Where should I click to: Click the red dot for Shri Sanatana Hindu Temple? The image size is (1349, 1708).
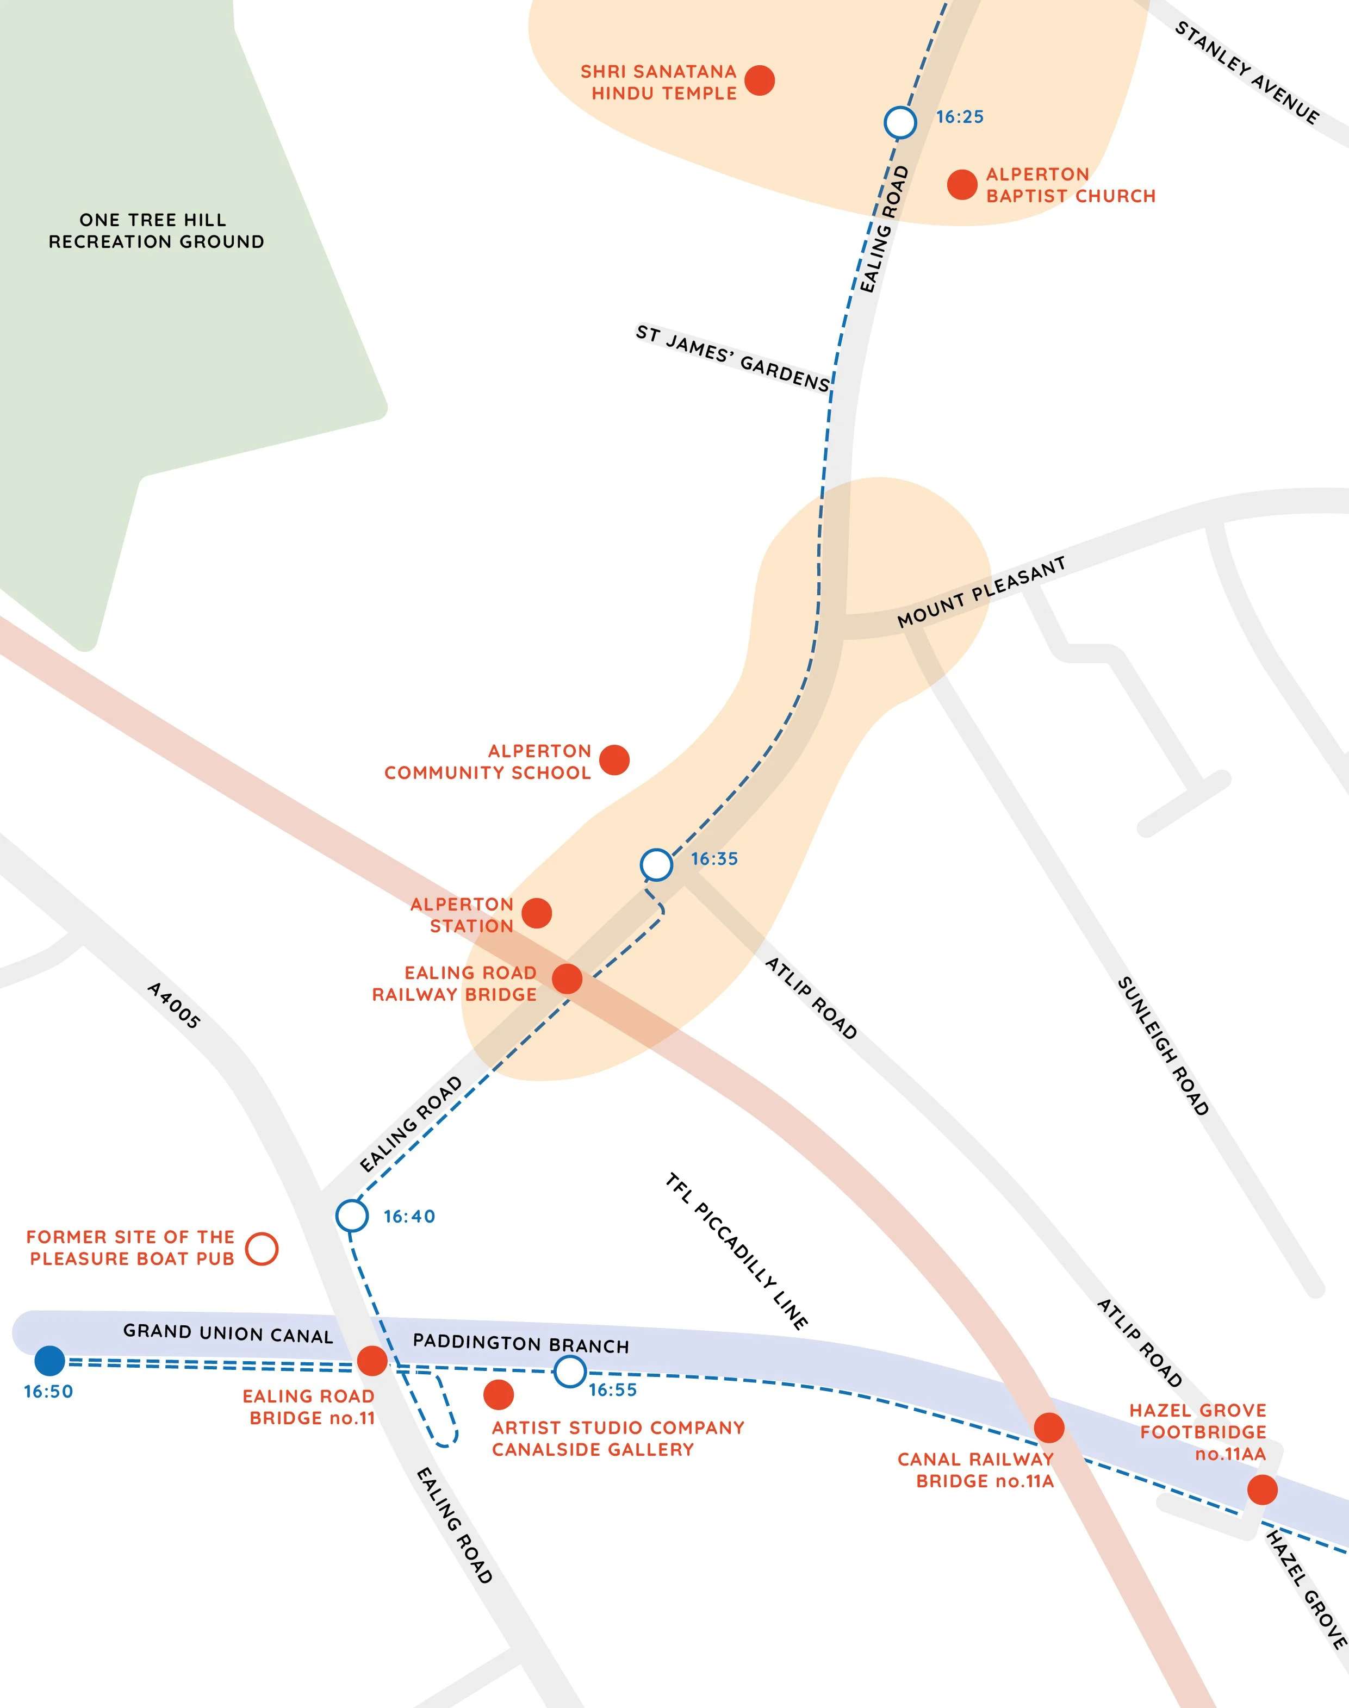pos(759,80)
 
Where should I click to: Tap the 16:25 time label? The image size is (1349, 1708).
pos(960,117)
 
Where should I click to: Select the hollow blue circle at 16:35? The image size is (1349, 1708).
pos(656,865)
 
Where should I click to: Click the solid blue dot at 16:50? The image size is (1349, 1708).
pos(50,1361)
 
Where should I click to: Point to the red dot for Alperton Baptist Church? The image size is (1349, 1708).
pos(961,185)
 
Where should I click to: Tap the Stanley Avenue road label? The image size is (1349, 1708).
pos(1246,73)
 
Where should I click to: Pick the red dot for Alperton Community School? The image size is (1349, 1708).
pos(614,759)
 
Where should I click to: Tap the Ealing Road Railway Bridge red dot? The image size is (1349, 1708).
pos(567,979)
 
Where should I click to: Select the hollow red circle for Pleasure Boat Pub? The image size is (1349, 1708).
pos(262,1249)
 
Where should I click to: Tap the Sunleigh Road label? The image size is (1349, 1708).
pos(1162,1045)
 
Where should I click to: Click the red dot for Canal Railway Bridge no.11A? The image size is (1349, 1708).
pos(1049,1427)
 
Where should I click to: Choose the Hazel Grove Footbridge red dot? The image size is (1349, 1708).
pos(1262,1489)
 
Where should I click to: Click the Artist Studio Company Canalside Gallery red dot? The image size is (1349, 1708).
pos(499,1394)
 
